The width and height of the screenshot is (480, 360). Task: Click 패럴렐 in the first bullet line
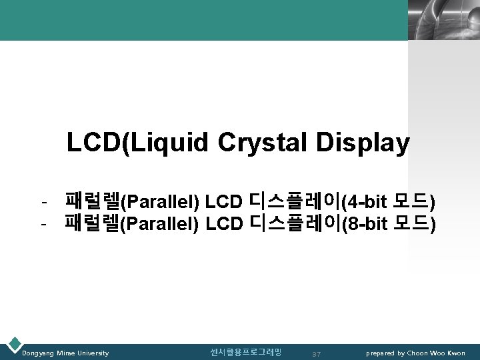91,200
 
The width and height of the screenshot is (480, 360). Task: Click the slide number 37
317,353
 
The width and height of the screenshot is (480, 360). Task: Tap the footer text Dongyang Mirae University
65,353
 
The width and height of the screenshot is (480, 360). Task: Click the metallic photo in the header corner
443,20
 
